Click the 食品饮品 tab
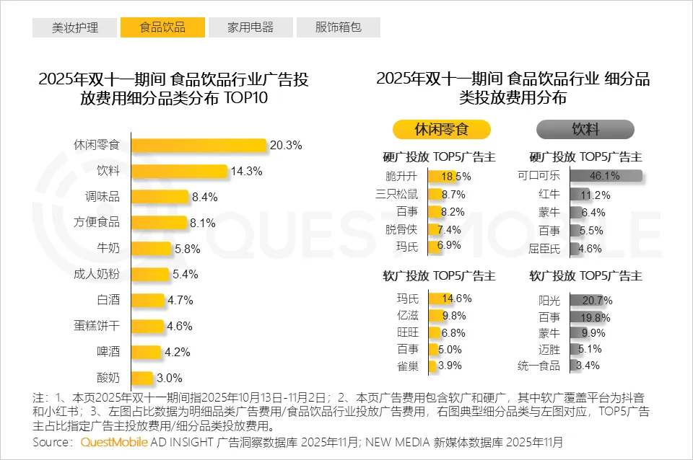coord(162,27)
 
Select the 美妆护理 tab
coord(75,27)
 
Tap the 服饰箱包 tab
coord(338,27)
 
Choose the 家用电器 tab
coord(250,27)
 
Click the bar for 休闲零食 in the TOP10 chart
coord(199,145)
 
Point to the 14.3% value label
coord(247,172)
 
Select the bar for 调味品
coord(160,197)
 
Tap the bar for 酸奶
coord(142,378)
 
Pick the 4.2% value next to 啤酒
coord(178,353)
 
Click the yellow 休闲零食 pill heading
coord(442,130)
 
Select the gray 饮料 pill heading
coord(585,130)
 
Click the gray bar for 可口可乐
coord(605,176)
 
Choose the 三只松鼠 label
coord(398,194)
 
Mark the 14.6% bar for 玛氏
coord(440,298)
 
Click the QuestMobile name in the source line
coord(114,441)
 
